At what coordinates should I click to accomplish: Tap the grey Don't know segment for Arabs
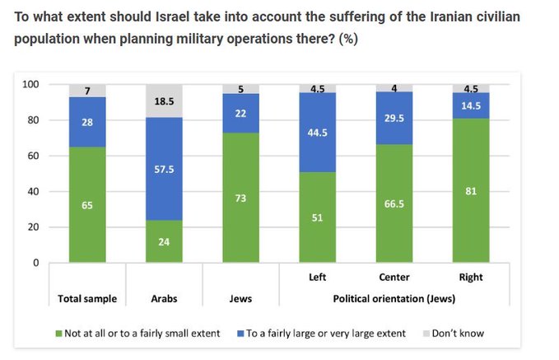pos(163,101)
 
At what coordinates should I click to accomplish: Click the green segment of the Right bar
pos(471,190)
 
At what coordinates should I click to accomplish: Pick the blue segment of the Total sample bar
pos(86,122)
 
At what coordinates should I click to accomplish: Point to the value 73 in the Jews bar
pos(240,198)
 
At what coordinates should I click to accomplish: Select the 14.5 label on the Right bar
pos(471,105)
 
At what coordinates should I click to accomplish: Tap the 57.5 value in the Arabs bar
pos(163,168)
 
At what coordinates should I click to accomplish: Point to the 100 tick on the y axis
pos(30,84)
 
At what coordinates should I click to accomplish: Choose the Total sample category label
pos(86,298)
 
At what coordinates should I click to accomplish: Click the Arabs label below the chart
pos(163,298)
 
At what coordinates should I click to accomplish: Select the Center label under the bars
pos(394,278)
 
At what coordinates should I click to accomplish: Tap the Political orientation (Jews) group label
pos(394,298)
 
